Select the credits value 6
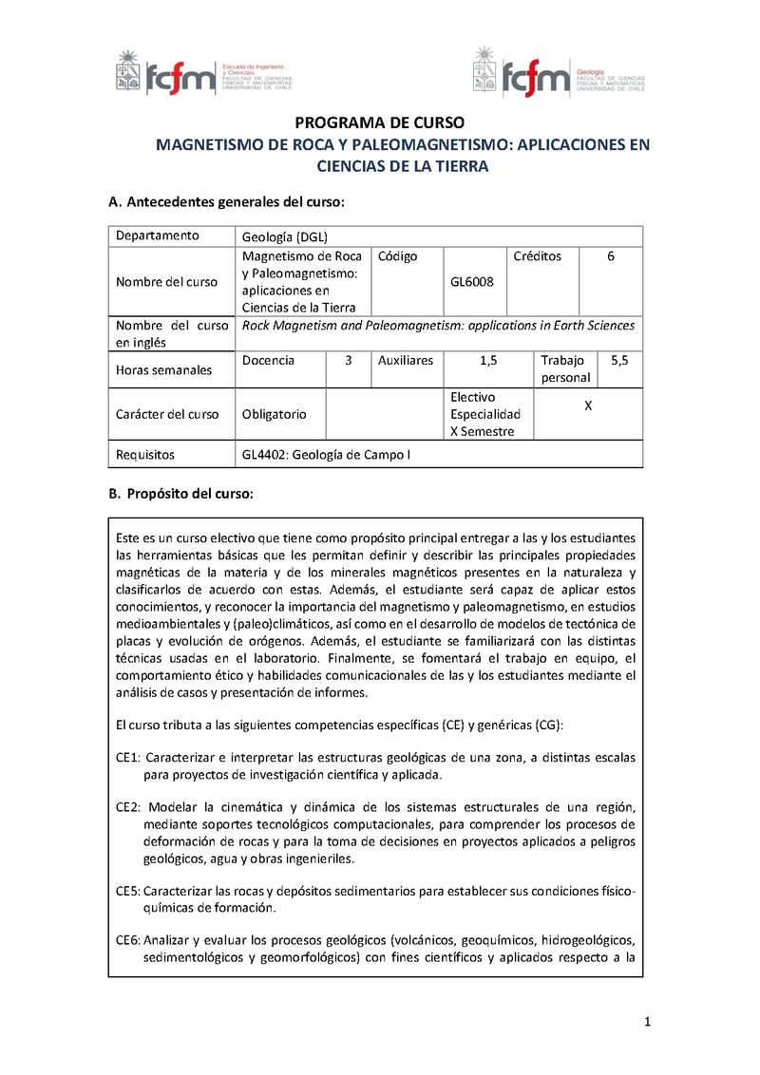pos(611,256)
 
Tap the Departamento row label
pos(158,236)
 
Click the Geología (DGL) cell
pos(285,236)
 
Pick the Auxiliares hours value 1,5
pos(487,361)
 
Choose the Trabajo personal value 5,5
pos(619,361)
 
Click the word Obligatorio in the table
pos(275,414)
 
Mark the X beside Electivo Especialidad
pos(588,405)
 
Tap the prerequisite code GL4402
pos(264,455)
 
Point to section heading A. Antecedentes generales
pos(226,202)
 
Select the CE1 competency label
pos(128,758)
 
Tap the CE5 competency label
pos(128,891)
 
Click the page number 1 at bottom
pos(646,1023)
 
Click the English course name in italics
pos(439,326)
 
